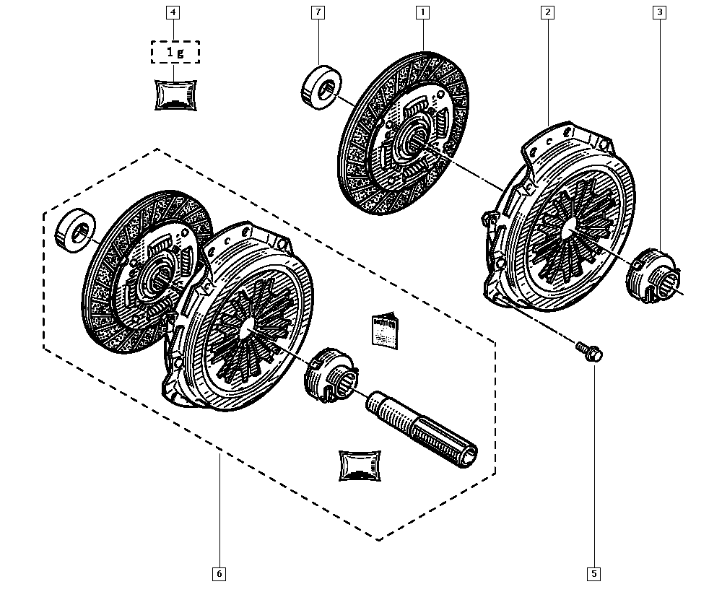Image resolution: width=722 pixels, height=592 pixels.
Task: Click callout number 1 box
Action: pos(422,12)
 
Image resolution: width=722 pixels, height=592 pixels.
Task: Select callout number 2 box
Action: pos(548,12)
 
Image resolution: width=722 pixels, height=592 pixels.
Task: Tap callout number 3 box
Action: pos(659,12)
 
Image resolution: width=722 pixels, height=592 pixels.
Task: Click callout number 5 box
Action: pos(593,575)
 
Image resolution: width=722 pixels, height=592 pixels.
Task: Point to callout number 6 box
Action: pos(219,575)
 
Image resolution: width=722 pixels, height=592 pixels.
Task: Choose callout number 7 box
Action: pos(318,12)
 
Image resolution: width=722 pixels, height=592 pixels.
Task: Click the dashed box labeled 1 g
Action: pos(175,53)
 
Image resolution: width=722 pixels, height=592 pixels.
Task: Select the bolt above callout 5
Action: pos(588,352)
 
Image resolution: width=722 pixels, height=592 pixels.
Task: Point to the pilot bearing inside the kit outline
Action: pos(74,230)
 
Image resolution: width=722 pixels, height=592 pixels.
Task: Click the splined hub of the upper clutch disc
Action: pos(412,139)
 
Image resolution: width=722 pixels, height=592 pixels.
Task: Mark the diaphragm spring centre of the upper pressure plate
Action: pos(565,225)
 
